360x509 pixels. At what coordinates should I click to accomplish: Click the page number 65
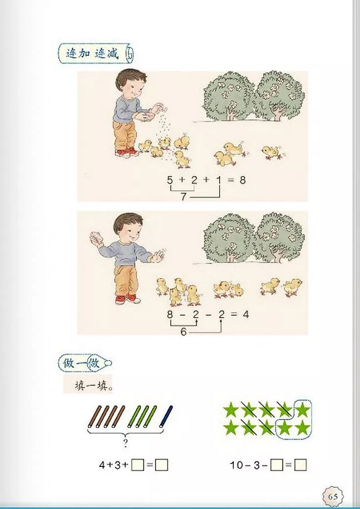coord(333,496)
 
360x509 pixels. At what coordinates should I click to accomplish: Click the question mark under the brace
coord(126,444)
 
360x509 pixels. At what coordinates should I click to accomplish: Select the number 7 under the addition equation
coord(183,197)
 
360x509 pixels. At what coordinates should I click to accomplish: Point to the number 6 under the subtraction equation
coord(183,331)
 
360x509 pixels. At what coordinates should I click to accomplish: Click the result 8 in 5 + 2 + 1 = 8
coord(242,180)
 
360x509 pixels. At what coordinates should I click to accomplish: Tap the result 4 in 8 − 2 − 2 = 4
coord(246,314)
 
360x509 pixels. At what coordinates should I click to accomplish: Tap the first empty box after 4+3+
coord(138,465)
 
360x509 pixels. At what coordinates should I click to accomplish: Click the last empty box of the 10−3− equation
coord(300,465)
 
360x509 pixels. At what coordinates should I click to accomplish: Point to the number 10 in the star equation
coord(237,465)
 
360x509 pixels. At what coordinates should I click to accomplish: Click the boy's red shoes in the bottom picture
coord(127,299)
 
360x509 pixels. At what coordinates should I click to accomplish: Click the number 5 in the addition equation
coord(170,180)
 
